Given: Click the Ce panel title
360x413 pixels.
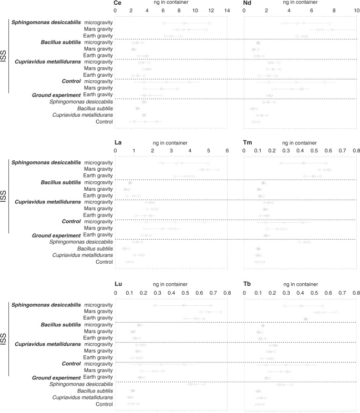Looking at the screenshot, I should click(x=118, y=3).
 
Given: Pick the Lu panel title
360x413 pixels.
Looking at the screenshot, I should click(x=118, y=284).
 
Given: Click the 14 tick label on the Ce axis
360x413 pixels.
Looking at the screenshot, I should click(x=227, y=11).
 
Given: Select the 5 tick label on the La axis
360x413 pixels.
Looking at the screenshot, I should click(x=209, y=151).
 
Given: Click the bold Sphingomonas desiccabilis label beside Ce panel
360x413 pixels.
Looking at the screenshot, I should click(x=46, y=23).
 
